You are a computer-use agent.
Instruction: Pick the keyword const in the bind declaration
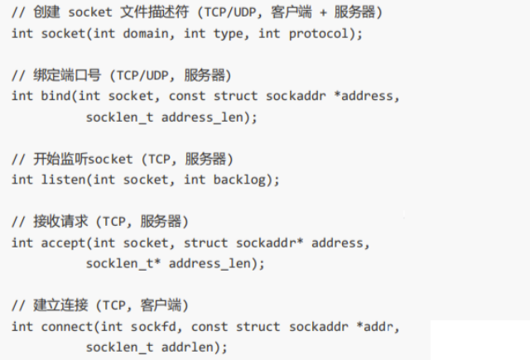(x=187, y=96)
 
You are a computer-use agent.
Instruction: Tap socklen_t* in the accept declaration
(x=120, y=263)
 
